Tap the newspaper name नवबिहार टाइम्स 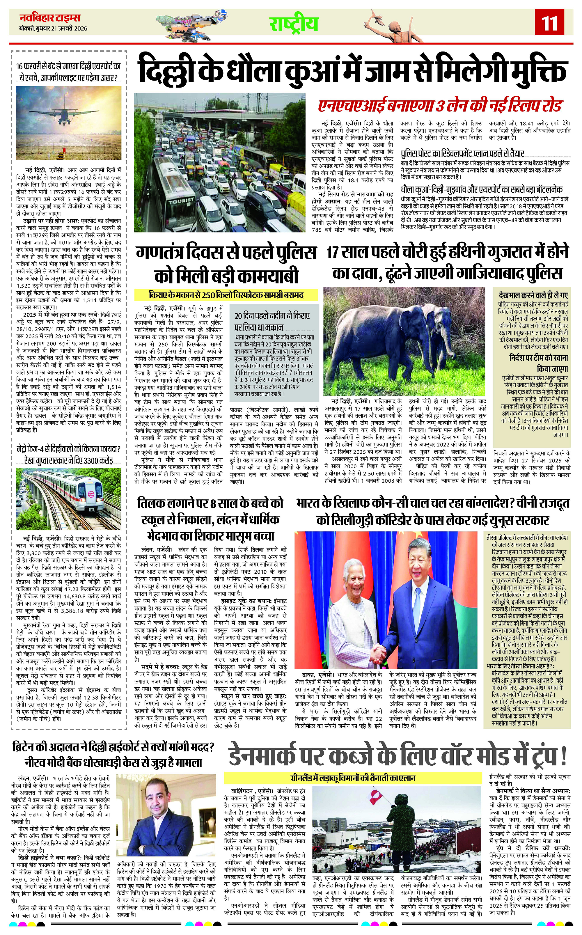(x=50, y=18)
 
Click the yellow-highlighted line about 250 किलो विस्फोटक (x=226, y=295)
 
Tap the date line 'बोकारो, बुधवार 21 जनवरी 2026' (x=54, y=29)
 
